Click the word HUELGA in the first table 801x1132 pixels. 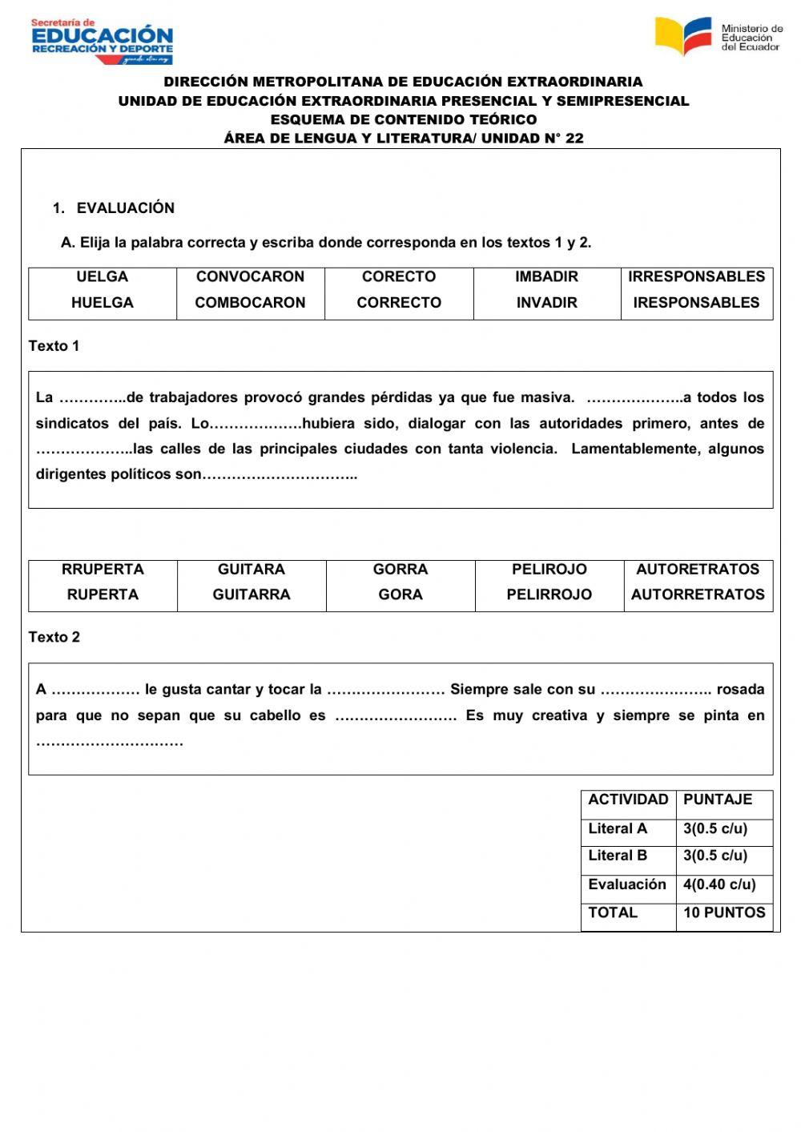tap(103, 303)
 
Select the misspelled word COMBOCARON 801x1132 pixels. tap(250, 303)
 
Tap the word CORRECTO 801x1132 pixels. tap(399, 303)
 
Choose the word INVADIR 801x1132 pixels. tap(547, 303)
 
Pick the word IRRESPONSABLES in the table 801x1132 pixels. tap(696, 277)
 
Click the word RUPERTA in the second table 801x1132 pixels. tap(103, 594)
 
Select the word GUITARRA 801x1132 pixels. tap(252, 594)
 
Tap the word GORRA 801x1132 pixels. tap(400, 570)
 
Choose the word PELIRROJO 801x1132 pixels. tap(549, 594)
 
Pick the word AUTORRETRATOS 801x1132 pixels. tap(698, 594)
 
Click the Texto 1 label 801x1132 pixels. tap(54, 346)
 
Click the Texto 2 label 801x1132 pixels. tap(54, 638)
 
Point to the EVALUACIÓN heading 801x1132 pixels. tap(125, 208)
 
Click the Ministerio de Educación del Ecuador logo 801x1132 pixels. tap(718, 37)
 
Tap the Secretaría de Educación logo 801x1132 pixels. tap(102, 41)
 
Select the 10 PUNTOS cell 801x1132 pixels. tap(724, 912)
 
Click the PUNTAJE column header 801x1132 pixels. tap(718, 800)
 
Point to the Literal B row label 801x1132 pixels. tap(618, 856)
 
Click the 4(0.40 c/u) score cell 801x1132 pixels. tap(719, 884)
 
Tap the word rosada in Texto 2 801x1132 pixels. tap(740, 690)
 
